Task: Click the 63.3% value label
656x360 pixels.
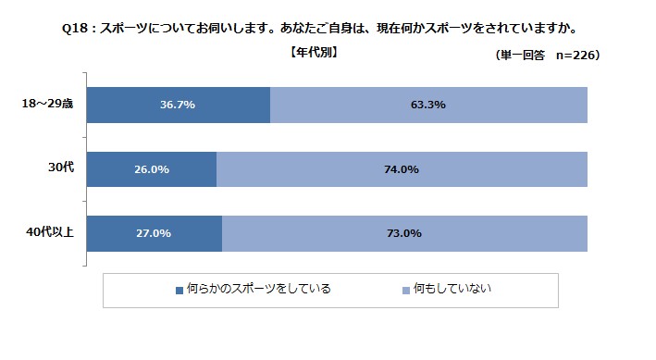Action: coord(427,105)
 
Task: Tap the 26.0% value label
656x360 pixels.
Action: coord(150,169)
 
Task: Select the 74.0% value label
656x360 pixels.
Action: coord(402,169)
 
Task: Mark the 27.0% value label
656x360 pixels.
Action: coord(153,233)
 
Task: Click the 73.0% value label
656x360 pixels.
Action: coord(403,233)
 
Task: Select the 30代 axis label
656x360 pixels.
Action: coord(60,168)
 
